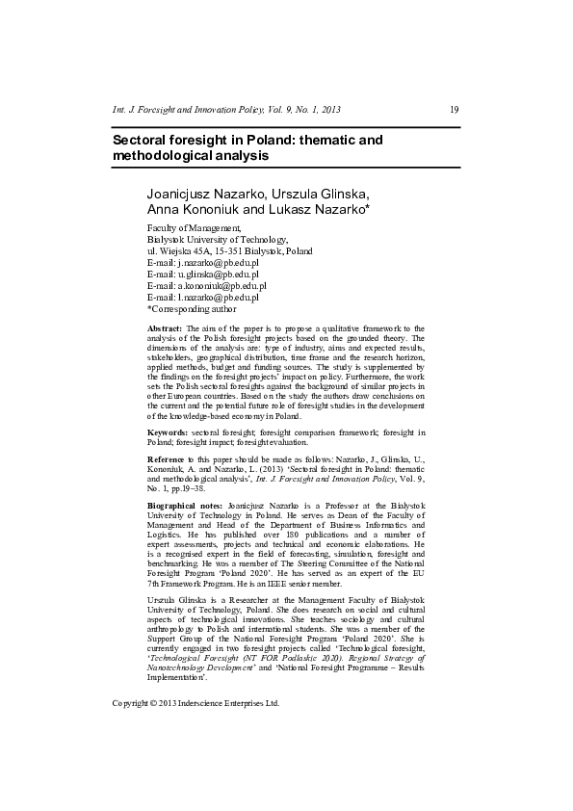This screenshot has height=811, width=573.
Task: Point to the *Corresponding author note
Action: (x=191, y=309)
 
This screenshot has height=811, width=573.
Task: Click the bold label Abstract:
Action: (x=165, y=328)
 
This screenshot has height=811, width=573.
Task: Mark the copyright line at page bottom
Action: (x=195, y=703)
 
